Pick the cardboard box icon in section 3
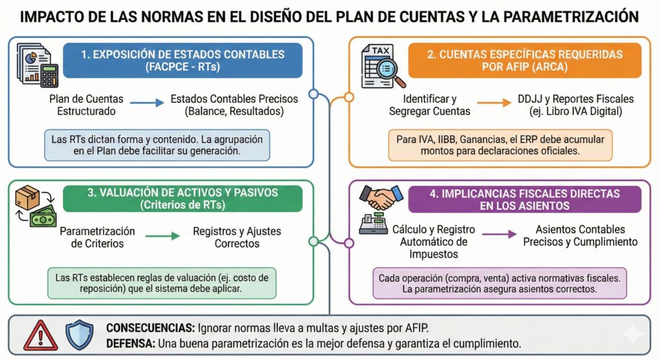click(28, 197)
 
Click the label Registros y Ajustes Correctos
click(237, 237)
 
